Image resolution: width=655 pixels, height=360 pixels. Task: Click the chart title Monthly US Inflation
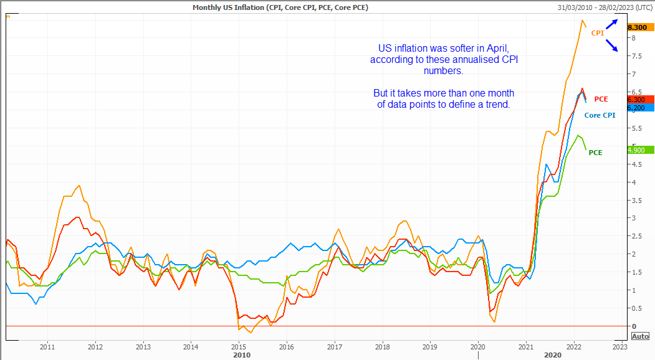[279, 7]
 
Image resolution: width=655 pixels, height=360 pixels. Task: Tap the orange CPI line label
[598, 33]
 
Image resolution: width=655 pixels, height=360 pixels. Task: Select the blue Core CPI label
[600, 115]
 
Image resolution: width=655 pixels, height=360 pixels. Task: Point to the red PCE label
[601, 99]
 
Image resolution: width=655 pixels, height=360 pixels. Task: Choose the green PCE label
[595, 153]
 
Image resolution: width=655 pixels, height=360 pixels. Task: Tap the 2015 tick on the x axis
[238, 346]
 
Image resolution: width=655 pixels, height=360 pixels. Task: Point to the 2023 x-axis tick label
[619, 346]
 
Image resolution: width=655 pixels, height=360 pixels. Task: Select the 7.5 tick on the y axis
[635, 56]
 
